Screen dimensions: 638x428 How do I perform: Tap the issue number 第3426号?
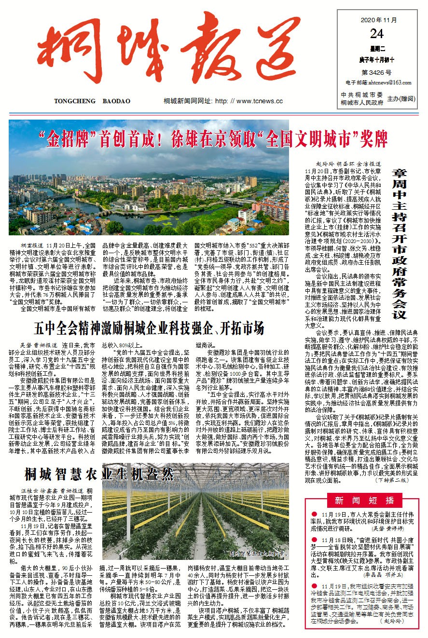[376, 72]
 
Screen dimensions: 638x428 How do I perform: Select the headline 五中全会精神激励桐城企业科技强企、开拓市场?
[149, 329]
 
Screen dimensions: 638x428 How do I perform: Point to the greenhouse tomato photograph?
[200, 516]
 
